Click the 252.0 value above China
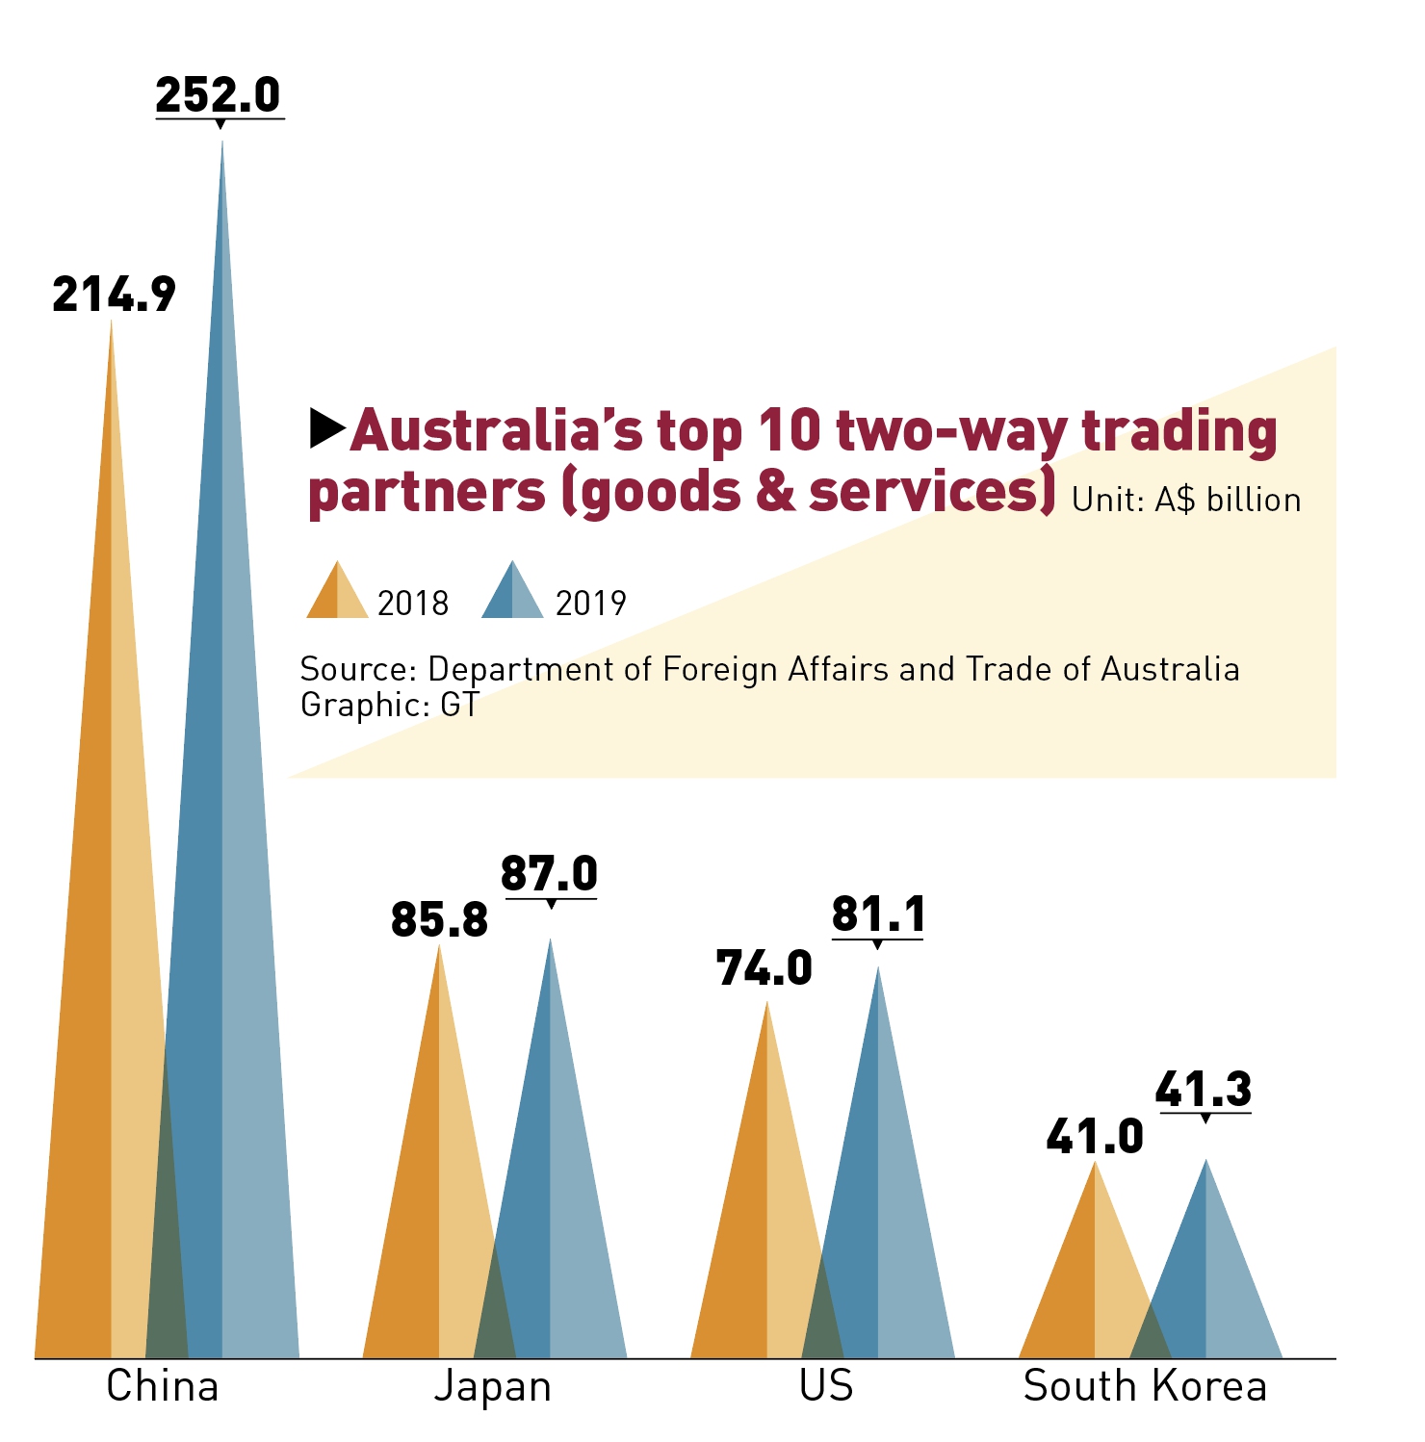pos(218,95)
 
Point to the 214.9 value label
pos(114,295)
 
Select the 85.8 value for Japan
pos(439,920)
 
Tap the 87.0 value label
pos(549,874)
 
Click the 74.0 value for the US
pos(764,968)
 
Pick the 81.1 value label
pos(878,914)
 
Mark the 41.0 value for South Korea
pos(1095,1138)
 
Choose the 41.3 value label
pos(1204,1090)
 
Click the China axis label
pos(163,1387)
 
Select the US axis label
pos(826,1387)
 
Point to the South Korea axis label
pos(1145,1387)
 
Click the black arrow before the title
pos(327,428)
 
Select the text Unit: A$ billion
pos(1185,501)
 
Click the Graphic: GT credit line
pos(389,706)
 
